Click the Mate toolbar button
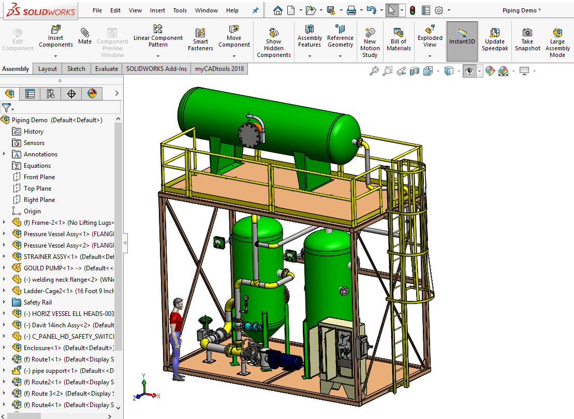coord(85,36)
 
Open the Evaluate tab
coord(106,69)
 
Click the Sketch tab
coord(76,69)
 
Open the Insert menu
coord(157,10)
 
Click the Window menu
coord(207,10)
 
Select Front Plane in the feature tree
coord(39,177)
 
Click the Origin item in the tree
coord(32,211)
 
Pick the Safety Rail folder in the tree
coord(37,302)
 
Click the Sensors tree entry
coord(34,143)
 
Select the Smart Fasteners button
coord(200,39)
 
